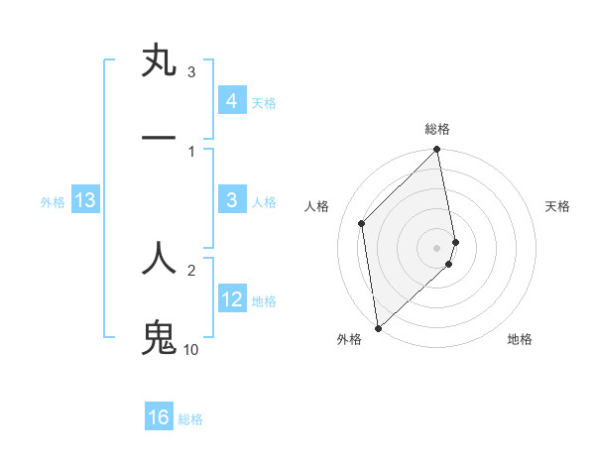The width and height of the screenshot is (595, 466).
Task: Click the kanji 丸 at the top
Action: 160,61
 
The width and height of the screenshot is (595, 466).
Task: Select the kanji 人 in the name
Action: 160,258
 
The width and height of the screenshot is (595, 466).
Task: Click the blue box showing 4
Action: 231,101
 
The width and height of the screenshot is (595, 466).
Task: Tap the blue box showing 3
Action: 231,200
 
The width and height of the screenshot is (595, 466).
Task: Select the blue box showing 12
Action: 231,299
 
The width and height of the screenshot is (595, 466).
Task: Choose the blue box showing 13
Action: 84,201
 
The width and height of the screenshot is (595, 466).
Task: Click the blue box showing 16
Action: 159,417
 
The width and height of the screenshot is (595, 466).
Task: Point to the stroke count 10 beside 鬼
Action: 190,350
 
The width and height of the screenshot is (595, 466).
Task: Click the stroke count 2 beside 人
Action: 191,269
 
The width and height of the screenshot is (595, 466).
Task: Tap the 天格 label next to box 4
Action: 264,103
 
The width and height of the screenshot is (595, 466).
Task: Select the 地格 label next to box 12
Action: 264,301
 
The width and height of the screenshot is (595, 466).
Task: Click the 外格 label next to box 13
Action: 53,202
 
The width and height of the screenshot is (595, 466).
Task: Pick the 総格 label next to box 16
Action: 190,419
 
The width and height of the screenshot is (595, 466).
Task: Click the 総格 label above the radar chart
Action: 437,129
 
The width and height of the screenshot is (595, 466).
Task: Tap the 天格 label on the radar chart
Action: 558,206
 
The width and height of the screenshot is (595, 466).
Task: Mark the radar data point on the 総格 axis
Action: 437,151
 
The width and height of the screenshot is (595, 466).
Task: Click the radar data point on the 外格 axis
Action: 377,327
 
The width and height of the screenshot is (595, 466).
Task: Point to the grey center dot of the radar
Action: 437,247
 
